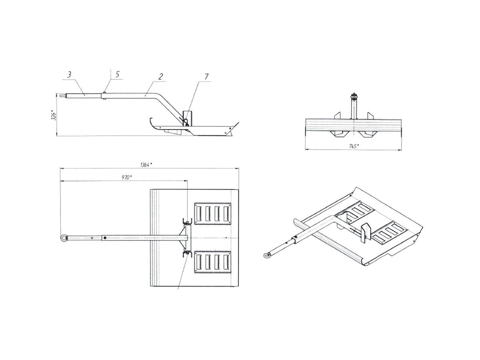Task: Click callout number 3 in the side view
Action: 69,75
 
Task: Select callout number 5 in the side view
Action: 118,74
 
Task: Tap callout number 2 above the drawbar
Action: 161,77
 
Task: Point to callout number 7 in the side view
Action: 206,76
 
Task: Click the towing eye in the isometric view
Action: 266,255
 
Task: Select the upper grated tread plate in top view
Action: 212,214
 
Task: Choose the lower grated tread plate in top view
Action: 212,262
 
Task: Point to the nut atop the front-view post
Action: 353,96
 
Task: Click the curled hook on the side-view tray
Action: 151,124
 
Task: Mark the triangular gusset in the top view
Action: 182,238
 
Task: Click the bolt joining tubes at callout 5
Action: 105,96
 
